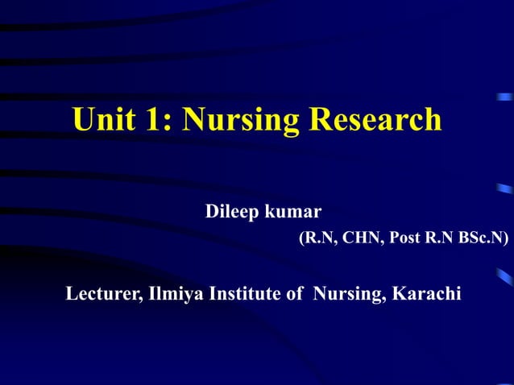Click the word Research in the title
(376, 120)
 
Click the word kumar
(295, 212)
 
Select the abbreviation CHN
(354, 239)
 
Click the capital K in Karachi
(400, 294)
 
